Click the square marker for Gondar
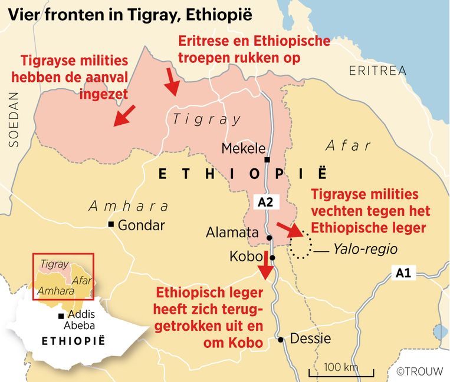[x=111, y=225]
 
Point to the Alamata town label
[x=232, y=232]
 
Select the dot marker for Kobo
[x=272, y=258]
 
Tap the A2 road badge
[x=265, y=202]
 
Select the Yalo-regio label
[x=364, y=250]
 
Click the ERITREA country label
[x=377, y=71]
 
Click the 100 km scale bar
[x=340, y=371]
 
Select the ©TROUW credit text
[x=421, y=372]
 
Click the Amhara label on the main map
[x=128, y=206]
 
